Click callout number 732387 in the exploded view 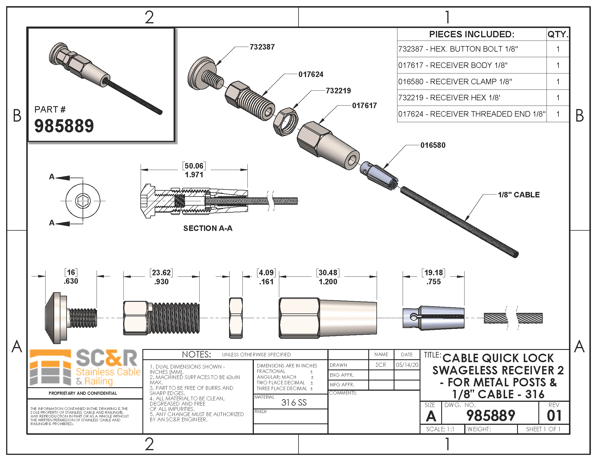pyautogui.click(x=262, y=47)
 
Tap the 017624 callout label pyautogui.click(x=311, y=74)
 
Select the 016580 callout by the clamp pyautogui.click(x=433, y=145)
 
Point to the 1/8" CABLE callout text pyautogui.click(x=519, y=195)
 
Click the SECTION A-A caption pyautogui.click(x=208, y=228)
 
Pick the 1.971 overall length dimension pyautogui.click(x=194, y=175)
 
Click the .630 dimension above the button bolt pyautogui.click(x=71, y=281)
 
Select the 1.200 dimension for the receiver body pyautogui.click(x=328, y=282)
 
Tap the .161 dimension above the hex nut pyautogui.click(x=266, y=282)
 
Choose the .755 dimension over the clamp pyautogui.click(x=433, y=282)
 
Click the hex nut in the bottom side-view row pyautogui.click(x=236, y=318)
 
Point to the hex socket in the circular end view pyautogui.click(x=83, y=201)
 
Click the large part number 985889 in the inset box pyautogui.click(x=64, y=126)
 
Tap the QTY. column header pyautogui.click(x=558, y=34)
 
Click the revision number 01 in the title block pyautogui.click(x=554, y=416)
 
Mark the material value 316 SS pyautogui.click(x=294, y=403)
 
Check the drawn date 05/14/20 pyautogui.click(x=407, y=365)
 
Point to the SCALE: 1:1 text pyautogui.click(x=440, y=429)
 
